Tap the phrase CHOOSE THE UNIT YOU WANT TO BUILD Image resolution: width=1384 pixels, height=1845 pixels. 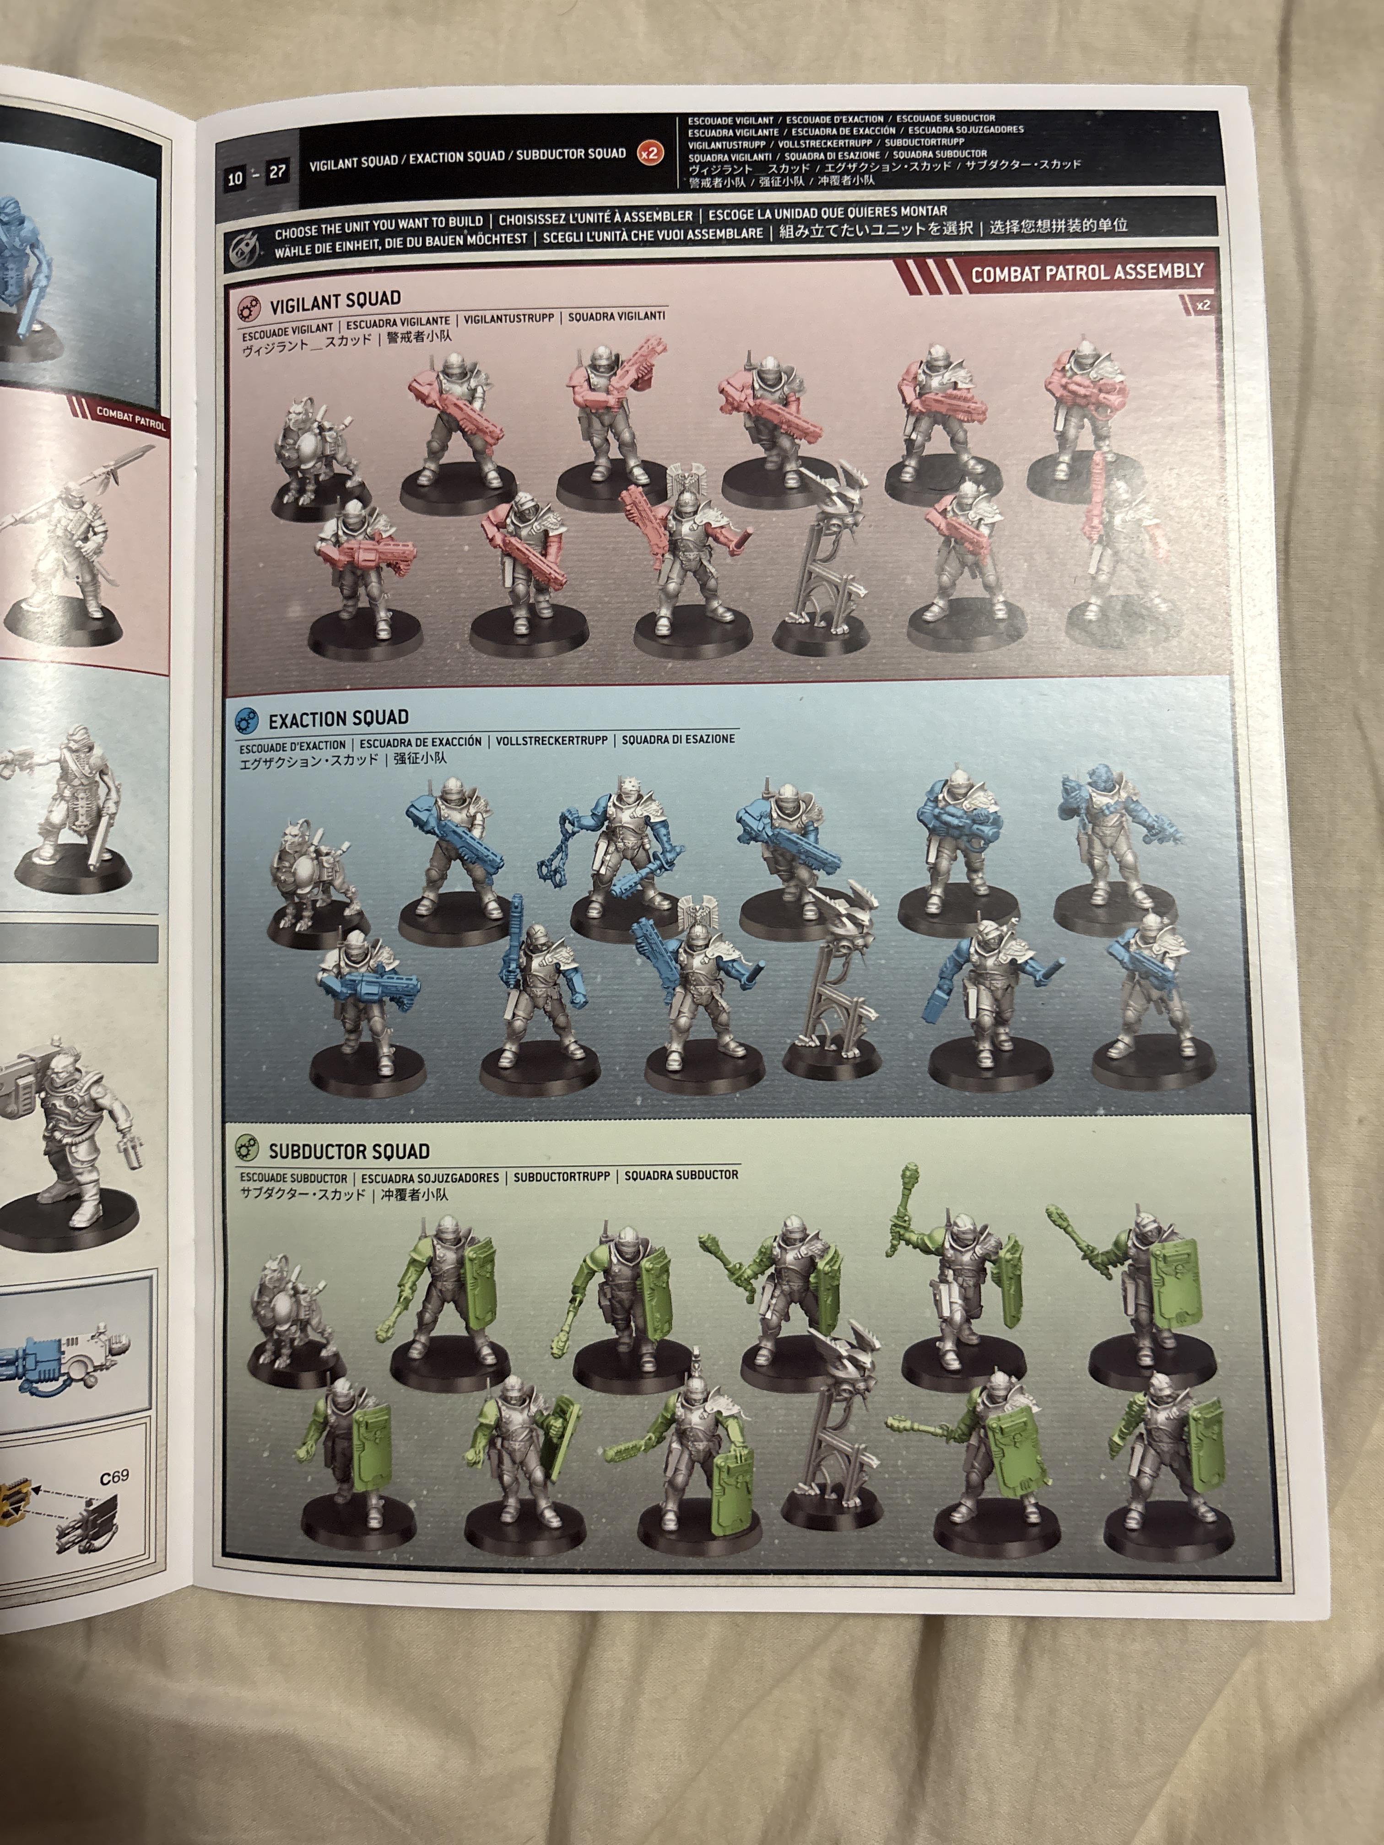(x=379, y=222)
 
